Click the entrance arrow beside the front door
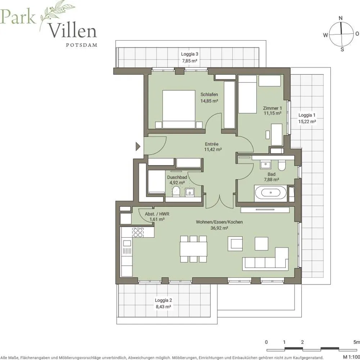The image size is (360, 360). point(138,146)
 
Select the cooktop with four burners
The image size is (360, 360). point(138,232)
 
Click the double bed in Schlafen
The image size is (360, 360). point(179,109)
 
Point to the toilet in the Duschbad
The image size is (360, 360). point(176,191)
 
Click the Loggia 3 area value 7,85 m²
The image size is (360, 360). point(190,61)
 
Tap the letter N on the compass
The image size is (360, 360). point(341,18)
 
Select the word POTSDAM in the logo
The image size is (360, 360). point(81,45)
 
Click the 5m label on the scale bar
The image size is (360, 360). point(357,342)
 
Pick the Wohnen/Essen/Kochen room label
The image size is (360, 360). point(219,222)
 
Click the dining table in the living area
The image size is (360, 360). point(194,249)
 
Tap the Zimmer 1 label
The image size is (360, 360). point(272,108)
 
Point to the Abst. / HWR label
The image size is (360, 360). point(157,214)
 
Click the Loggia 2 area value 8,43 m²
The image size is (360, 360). point(163,306)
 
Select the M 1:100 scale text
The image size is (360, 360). point(351,357)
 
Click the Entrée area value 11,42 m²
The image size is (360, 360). point(213,149)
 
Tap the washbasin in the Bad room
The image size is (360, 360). point(266,165)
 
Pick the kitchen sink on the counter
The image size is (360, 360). point(127,243)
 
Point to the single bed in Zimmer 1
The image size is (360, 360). point(247,94)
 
